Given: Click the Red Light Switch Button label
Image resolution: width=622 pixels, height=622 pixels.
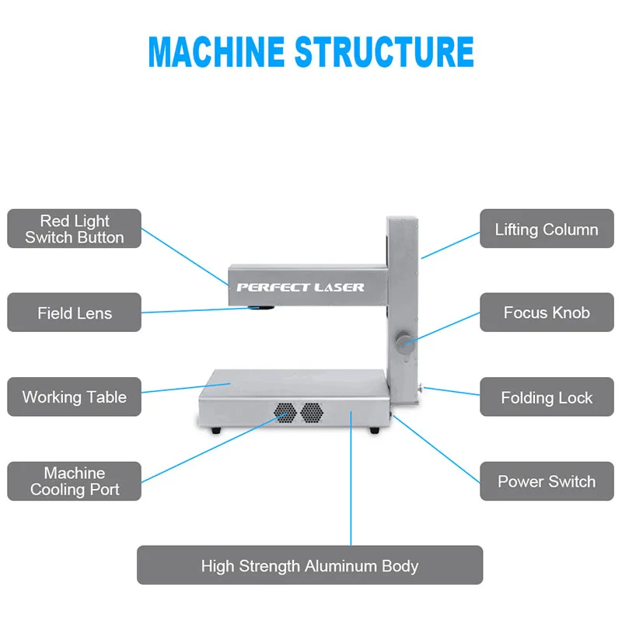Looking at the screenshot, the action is [x=74, y=229].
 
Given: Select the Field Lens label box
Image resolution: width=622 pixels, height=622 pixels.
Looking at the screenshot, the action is [x=74, y=313].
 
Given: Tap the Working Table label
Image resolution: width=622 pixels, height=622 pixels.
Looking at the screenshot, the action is [x=74, y=397].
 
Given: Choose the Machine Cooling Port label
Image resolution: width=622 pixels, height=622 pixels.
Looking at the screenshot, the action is [x=74, y=480].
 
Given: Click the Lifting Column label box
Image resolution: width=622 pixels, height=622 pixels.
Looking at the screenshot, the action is [x=547, y=229].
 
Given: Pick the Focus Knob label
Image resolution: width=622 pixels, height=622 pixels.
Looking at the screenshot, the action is [x=547, y=313].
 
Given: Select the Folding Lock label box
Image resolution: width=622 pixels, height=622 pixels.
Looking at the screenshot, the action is [x=547, y=397].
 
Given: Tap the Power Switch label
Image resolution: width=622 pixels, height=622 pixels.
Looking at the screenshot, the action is [x=547, y=480].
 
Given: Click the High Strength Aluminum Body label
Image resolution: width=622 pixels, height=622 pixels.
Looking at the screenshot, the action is [x=309, y=565].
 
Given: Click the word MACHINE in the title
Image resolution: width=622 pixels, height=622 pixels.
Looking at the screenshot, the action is [x=217, y=51].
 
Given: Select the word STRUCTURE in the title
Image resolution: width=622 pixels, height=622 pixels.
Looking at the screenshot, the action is [x=384, y=51].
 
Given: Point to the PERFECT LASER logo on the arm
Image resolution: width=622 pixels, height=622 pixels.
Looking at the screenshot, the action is [x=300, y=287].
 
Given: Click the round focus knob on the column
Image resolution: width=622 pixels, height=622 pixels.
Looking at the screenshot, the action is [x=404, y=342].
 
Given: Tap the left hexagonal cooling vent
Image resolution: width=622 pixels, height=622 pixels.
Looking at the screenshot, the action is [x=285, y=413].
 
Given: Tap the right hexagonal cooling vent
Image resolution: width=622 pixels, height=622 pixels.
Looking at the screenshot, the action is [x=312, y=413].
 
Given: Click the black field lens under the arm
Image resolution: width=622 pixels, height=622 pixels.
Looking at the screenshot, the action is [x=261, y=307].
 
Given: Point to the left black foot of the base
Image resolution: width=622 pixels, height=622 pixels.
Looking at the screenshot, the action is [x=216, y=430].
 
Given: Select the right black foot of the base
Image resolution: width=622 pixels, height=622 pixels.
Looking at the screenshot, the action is [x=375, y=430].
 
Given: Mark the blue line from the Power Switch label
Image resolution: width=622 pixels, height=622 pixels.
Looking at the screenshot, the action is [x=436, y=449].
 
